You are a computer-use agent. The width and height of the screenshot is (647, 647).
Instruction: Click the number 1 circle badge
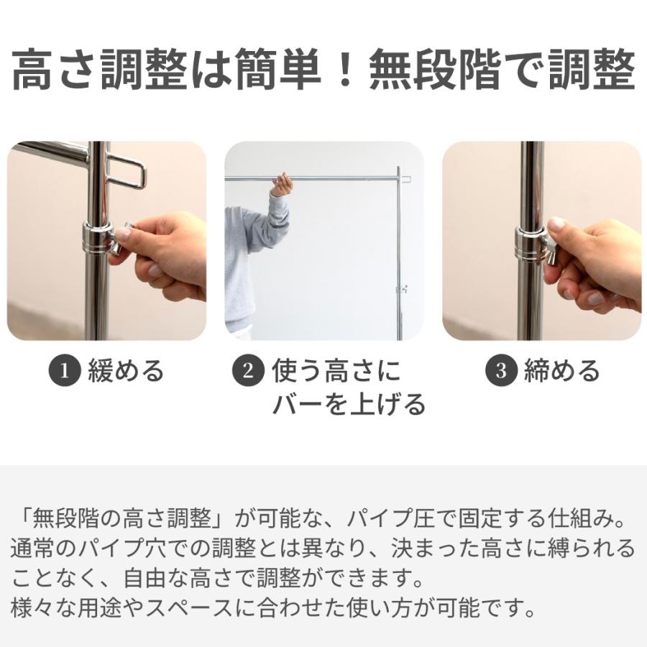coord(65,371)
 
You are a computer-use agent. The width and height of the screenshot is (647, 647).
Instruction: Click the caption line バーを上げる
coord(348,405)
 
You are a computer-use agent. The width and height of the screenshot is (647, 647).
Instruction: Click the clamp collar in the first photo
coord(96,238)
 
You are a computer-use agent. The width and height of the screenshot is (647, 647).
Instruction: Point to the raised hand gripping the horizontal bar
coord(281,185)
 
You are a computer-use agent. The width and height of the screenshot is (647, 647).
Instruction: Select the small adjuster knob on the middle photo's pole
coord(400,289)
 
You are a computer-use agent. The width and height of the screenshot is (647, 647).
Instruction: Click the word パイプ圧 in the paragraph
coord(381,518)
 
